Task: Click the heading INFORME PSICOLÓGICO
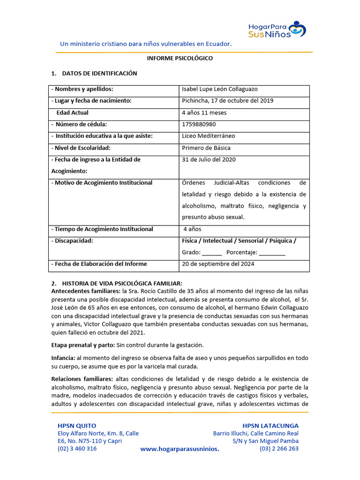coord(180,59)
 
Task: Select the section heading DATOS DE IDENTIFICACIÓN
coord(99,74)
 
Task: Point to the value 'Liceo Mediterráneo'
coord(209,136)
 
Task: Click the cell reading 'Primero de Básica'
coord(206,148)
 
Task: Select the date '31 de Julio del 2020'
coord(209,159)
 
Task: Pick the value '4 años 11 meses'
coord(203,112)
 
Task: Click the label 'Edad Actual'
coord(72,112)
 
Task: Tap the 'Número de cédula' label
coord(81,124)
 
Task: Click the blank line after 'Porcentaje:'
coord(271,253)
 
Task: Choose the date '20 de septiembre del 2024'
coord(218,264)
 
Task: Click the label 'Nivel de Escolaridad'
coord(81,148)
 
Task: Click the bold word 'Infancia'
coord(63,358)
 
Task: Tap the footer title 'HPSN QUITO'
coord(77,426)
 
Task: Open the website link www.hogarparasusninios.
coord(180,449)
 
